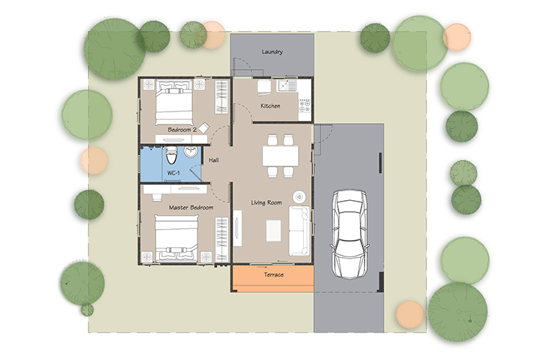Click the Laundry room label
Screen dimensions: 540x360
(x=272, y=52)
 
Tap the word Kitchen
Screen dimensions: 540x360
(x=270, y=106)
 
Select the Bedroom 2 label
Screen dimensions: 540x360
(x=182, y=130)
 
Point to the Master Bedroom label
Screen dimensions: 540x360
(x=191, y=207)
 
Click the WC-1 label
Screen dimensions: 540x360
(x=174, y=172)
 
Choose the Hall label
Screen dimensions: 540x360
(x=214, y=160)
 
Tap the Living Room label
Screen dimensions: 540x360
(x=266, y=202)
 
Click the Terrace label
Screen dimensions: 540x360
(x=274, y=274)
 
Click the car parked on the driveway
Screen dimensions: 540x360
(x=349, y=234)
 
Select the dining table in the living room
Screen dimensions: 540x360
(x=280, y=156)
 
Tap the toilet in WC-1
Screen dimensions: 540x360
(x=171, y=156)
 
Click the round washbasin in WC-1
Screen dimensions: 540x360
(x=191, y=152)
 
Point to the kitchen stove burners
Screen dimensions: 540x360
(x=305, y=106)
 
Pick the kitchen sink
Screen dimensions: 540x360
(x=287, y=86)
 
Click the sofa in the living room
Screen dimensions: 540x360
(x=300, y=231)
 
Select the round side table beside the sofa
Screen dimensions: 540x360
(x=299, y=197)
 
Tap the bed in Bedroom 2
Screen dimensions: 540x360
(x=174, y=103)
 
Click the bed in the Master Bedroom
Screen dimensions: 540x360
(x=176, y=238)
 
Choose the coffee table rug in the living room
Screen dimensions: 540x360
(x=274, y=230)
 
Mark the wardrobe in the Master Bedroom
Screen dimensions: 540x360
(x=222, y=240)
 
